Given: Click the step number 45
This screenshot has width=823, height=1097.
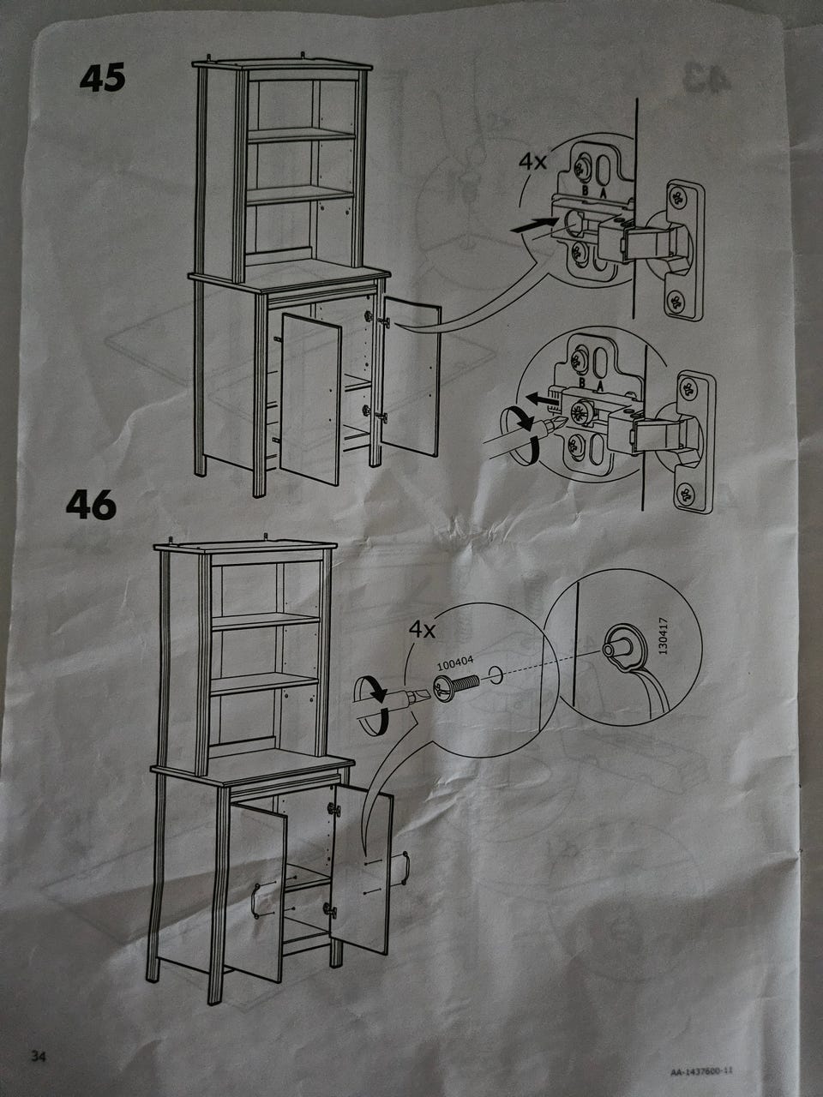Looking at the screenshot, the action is tap(102, 79).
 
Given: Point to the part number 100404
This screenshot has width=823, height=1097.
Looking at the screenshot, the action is tap(454, 663).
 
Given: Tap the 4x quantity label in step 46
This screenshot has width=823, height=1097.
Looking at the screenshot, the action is tap(423, 630).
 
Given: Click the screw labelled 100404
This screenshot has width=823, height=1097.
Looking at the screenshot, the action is tap(456, 687).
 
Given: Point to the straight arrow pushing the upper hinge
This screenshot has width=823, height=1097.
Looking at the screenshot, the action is tap(534, 225).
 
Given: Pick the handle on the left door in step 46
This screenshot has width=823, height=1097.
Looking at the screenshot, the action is tap(255, 901).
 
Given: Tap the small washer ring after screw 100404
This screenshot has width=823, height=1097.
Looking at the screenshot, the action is tap(496, 675).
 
